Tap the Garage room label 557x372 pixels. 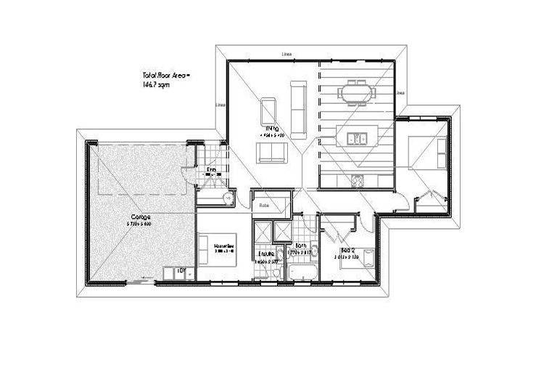(x=141, y=217)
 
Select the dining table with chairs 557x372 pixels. (x=358, y=92)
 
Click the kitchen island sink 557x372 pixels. (x=356, y=136)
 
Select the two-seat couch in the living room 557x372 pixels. (x=272, y=152)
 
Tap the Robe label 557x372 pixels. (x=265, y=206)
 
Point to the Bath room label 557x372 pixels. (x=301, y=246)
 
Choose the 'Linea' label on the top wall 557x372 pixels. (x=288, y=54)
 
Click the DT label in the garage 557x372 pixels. (x=182, y=271)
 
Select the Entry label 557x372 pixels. (x=212, y=171)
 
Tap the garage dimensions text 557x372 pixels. (x=141, y=224)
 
